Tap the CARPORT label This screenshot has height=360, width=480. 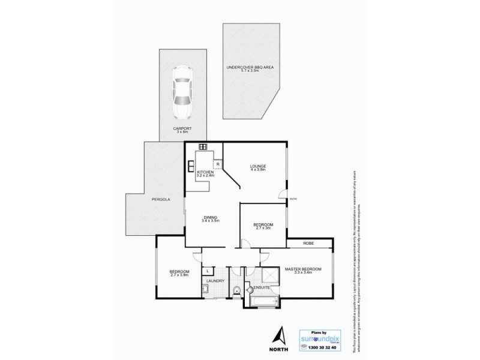[183, 128]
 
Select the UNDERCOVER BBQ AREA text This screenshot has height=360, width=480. [250, 68]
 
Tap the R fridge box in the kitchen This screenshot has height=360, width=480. [218, 163]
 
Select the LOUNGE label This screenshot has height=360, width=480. [259, 166]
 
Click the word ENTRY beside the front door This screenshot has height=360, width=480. [293, 199]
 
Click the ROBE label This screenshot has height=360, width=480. [309, 244]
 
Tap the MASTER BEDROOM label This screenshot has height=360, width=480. [303, 269]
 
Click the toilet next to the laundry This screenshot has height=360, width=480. [237, 292]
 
